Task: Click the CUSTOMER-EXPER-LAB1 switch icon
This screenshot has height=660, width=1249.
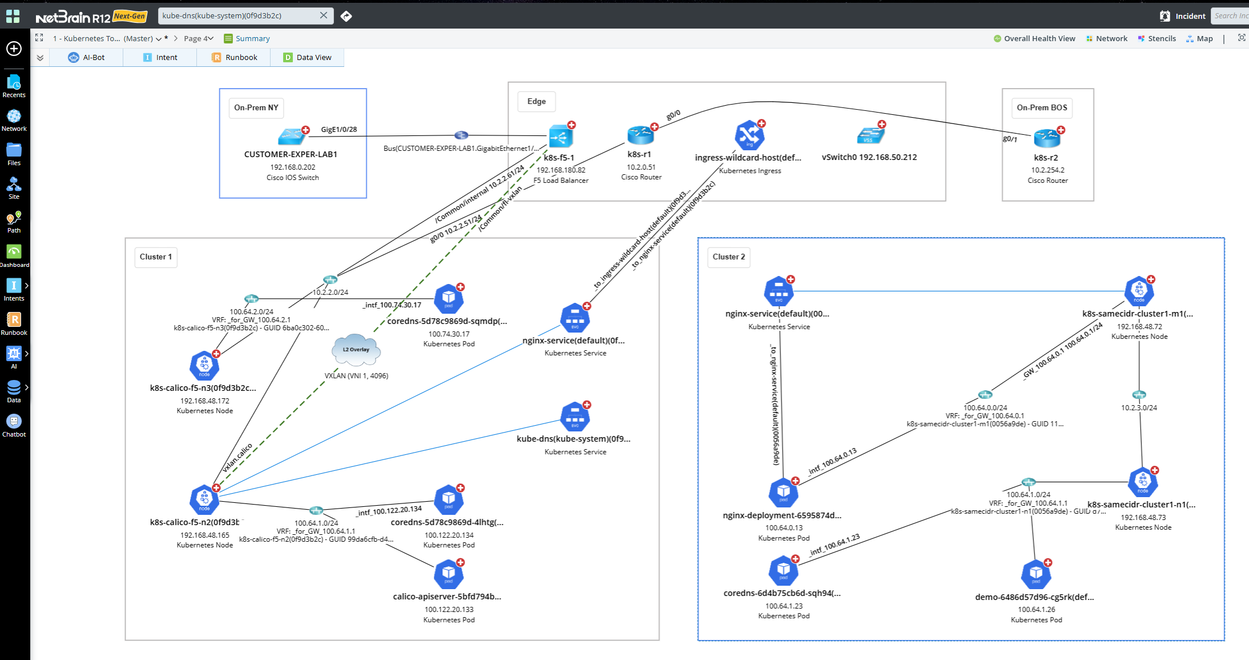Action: tap(292, 137)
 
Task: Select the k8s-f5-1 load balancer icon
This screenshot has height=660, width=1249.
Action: tap(560, 137)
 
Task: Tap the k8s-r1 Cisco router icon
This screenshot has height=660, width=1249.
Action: tap(640, 135)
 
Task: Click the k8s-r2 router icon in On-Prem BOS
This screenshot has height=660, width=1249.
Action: tap(1046, 138)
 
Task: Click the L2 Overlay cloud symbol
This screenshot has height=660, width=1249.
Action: tap(356, 350)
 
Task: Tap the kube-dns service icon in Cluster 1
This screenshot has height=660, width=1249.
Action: tap(575, 417)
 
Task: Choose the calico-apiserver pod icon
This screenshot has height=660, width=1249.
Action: tap(448, 574)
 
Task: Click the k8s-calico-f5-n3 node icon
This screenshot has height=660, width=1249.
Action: tap(204, 366)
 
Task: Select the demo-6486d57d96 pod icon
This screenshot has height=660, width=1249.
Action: tap(1036, 574)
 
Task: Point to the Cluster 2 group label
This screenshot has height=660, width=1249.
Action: tap(728, 257)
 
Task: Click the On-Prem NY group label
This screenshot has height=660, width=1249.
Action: tap(256, 107)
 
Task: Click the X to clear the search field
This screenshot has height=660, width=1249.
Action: tap(324, 15)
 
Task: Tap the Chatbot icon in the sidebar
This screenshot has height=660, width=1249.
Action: tap(14, 425)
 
